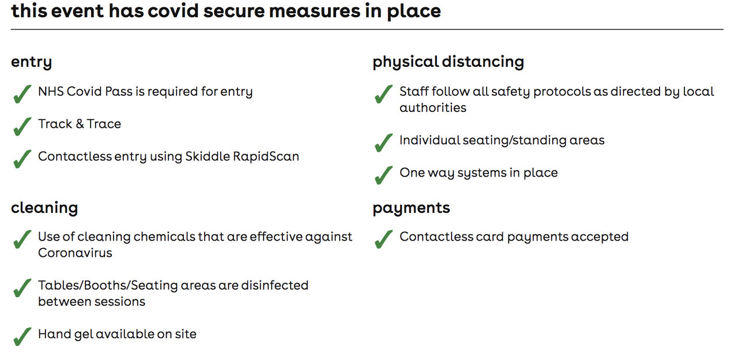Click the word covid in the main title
coord(172,10)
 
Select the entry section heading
coord(32,62)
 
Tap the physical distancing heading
coord(449,62)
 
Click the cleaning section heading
coord(44,208)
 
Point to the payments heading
coord(411,208)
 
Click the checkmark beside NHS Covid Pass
coord(22,94)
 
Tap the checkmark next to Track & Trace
coord(22,126)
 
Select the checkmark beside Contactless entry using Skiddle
coord(22,159)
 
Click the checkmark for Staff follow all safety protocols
coord(384,94)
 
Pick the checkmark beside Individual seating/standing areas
coord(384,142)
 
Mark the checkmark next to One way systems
coord(384,175)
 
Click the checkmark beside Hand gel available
coord(22,336)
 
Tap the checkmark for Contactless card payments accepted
coord(384,239)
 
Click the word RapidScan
coord(266,156)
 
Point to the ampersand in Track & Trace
coord(80,124)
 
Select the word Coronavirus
coord(75,253)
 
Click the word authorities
coord(433,108)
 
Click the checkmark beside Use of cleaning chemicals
coord(22,239)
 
